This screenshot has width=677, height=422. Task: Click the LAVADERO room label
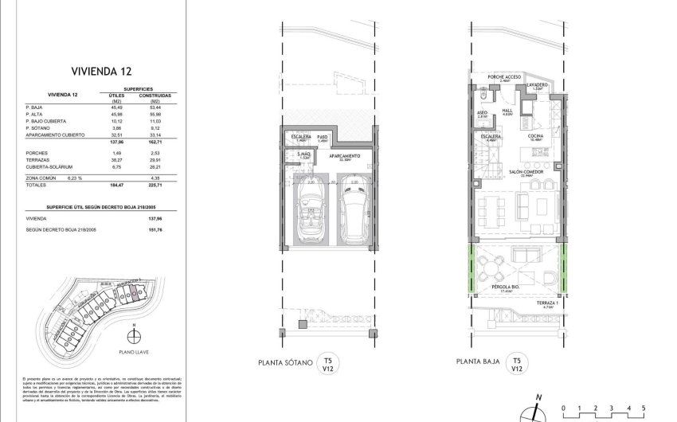click(537, 84)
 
